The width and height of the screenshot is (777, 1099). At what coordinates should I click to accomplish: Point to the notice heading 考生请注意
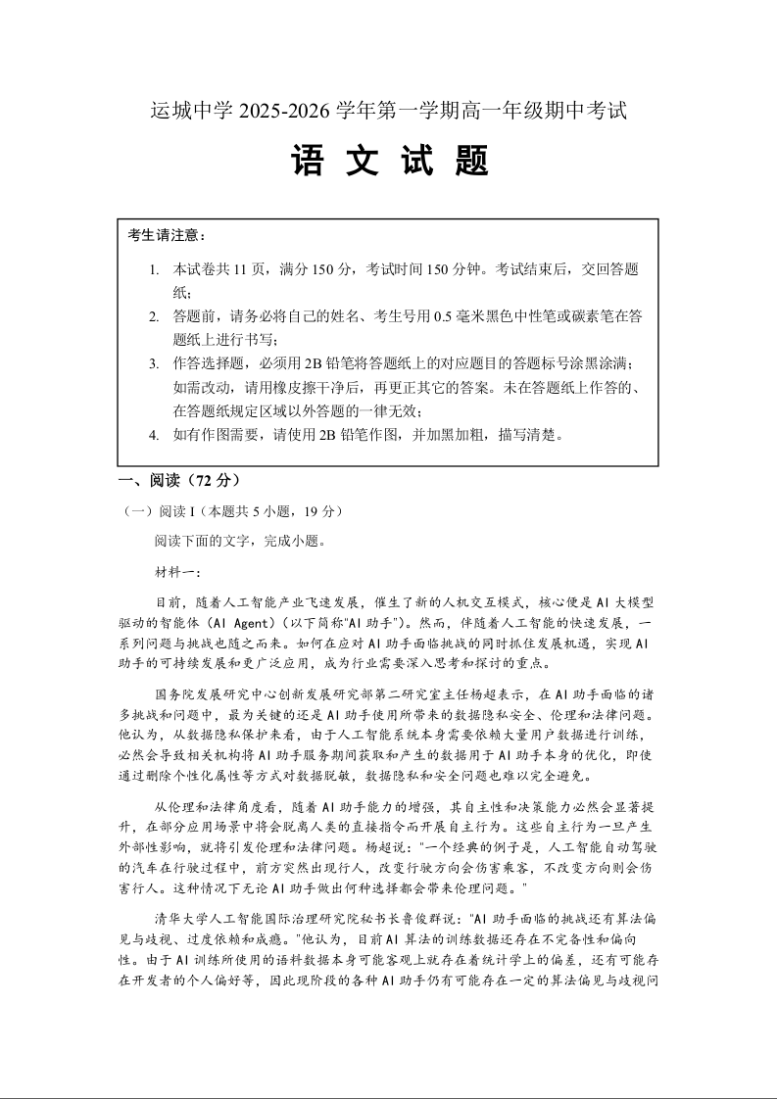click(x=167, y=235)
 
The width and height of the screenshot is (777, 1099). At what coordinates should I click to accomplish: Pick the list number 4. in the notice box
click(x=154, y=435)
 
